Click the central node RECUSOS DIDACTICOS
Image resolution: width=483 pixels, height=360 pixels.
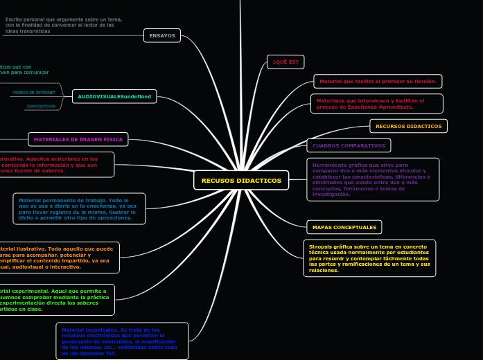[x=241, y=181]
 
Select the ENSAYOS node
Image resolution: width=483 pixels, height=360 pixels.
[x=162, y=35]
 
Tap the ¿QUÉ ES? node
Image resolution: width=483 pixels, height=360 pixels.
[x=286, y=62]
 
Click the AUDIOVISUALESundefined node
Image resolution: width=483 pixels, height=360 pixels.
[x=114, y=97]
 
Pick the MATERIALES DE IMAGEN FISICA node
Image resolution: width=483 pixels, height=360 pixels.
[x=78, y=139]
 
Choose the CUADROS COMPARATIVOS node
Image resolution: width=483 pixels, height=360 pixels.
[x=349, y=145]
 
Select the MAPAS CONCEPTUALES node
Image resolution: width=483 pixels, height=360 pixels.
[x=344, y=227]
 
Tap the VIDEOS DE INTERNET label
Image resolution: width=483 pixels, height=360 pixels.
[x=34, y=92]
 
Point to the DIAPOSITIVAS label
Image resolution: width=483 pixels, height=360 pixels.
[x=41, y=107]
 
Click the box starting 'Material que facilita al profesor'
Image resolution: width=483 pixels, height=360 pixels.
[x=378, y=81]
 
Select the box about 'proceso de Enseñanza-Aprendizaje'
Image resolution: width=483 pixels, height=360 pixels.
[x=376, y=104]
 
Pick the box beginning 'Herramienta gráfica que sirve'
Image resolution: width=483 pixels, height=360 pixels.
[x=373, y=179]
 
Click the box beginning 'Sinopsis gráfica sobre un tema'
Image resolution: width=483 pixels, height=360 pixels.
[x=369, y=258]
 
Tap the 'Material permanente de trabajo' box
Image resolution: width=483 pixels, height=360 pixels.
[x=79, y=208]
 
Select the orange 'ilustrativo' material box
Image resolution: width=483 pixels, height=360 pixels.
[x=58, y=258]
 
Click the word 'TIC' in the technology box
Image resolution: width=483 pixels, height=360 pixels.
[x=111, y=353]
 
